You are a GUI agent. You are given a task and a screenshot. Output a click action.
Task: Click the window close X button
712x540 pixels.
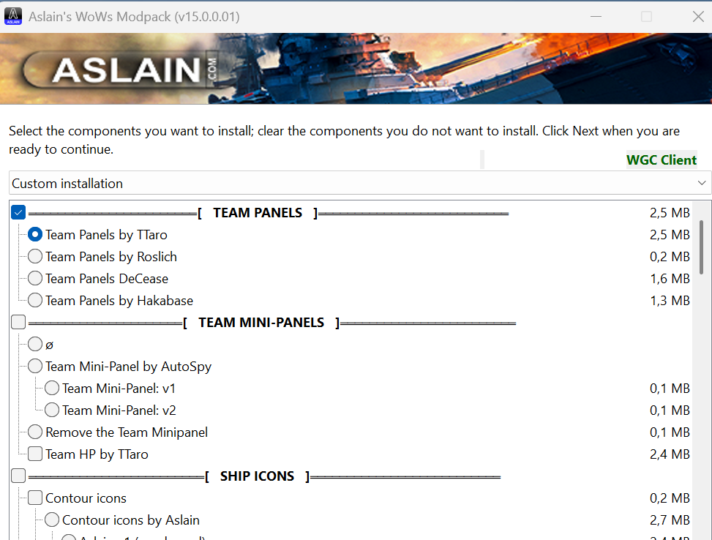pyautogui.click(x=697, y=16)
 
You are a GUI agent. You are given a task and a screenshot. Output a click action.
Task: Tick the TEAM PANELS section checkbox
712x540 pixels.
pyautogui.click(x=18, y=213)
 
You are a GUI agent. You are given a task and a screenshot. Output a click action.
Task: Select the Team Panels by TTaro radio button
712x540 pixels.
pyautogui.click(x=35, y=235)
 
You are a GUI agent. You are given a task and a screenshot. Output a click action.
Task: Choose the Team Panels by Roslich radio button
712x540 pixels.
pyautogui.click(x=35, y=257)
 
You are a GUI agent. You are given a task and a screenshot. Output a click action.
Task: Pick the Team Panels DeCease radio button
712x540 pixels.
pyautogui.click(x=35, y=279)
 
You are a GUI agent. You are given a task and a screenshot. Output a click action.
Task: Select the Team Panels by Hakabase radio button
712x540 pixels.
pyautogui.click(x=35, y=301)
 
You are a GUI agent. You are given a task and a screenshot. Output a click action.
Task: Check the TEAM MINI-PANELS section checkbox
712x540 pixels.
pyautogui.click(x=18, y=323)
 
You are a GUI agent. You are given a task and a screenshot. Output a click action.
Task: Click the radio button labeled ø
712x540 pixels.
pyautogui.click(x=35, y=345)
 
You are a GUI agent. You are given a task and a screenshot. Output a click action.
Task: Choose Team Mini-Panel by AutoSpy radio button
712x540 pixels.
pyautogui.click(x=35, y=367)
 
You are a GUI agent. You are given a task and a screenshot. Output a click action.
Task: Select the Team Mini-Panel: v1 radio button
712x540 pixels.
pyautogui.click(x=52, y=389)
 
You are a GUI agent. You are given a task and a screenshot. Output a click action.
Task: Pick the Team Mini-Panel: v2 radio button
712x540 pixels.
pyautogui.click(x=52, y=410)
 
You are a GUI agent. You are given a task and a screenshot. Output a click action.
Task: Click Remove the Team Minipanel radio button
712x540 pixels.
pyautogui.click(x=35, y=432)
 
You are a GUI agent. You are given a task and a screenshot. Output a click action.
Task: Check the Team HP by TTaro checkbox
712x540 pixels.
pyautogui.click(x=35, y=454)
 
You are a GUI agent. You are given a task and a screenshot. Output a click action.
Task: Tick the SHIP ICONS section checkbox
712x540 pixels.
pyautogui.click(x=18, y=476)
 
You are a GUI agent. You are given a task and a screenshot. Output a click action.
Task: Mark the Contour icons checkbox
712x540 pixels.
pyautogui.click(x=35, y=498)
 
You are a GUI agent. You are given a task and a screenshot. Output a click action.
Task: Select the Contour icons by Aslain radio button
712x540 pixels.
pyautogui.click(x=52, y=520)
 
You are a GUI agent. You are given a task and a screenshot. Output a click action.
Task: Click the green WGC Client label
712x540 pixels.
pyautogui.click(x=662, y=160)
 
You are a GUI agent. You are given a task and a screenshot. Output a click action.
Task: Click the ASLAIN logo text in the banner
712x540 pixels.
pyautogui.click(x=126, y=70)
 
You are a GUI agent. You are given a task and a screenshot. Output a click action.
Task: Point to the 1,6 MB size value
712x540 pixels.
pyautogui.click(x=670, y=279)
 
